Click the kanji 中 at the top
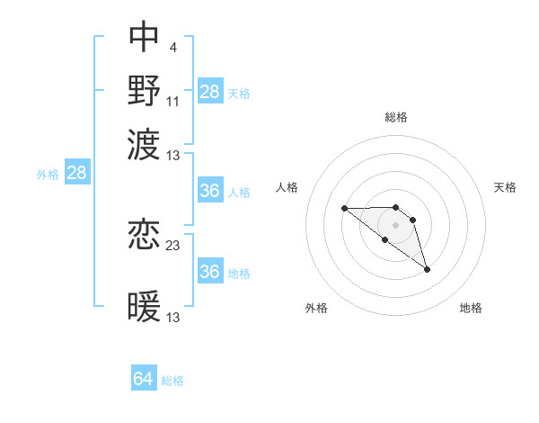tap(144, 37)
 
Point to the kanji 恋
tap(144, 235)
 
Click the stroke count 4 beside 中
tap(172, 47)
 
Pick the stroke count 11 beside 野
tap(173, 101)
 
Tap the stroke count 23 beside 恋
tap(173, 245)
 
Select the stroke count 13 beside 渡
tap(173, 155)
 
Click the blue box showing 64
tap(144, 379)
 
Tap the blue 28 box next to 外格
tap(77, 174)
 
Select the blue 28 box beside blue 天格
tap(210, 91)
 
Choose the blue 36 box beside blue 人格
tap(210, 191)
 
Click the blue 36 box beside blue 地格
tap(210, 272)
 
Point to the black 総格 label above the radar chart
tap(396, 117)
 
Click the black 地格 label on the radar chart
tap(471, 308)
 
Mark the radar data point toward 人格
tap(345, 209)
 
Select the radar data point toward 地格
tap(427, 269)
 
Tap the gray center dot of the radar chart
tap(396, 225)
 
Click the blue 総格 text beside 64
tap(172, 381)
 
